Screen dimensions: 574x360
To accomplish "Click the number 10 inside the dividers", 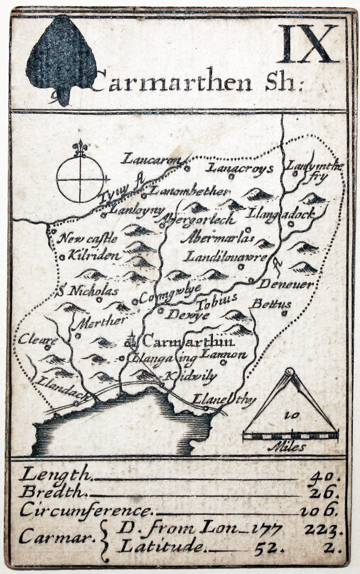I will [289, 415].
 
